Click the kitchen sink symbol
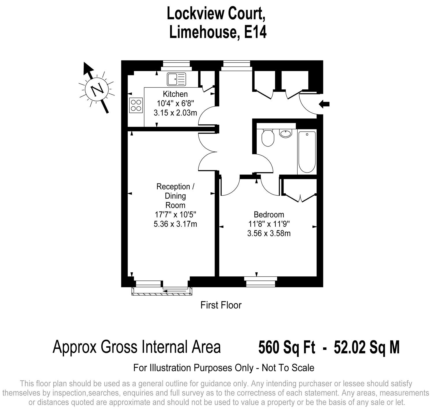(176, 79)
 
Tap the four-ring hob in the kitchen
(136, 105)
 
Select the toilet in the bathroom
(268, 137)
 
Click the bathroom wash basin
(285, 133)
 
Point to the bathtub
(307, 152)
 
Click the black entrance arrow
(324, 104)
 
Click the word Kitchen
(175, 94)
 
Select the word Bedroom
(269, 214)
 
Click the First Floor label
(221, 305)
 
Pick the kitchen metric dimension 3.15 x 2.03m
(175, 113)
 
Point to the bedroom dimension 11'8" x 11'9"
(269, 224)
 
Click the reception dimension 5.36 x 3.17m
(175, 224)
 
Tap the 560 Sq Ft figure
(287, 347)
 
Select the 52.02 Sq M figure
(367, 347)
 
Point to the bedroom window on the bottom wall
(260, 282)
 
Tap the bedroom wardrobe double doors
(300, 198)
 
